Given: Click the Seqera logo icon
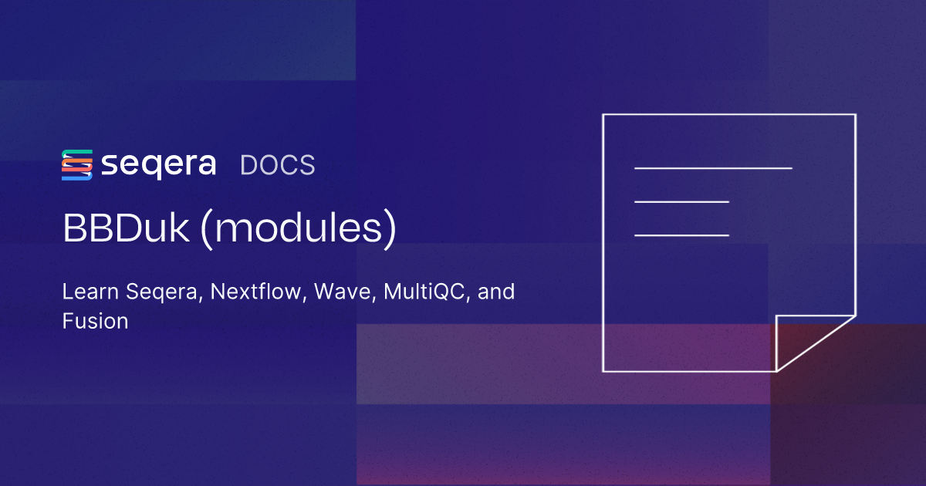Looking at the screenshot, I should tap(77, 165).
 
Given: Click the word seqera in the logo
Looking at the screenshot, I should tap(158, 165).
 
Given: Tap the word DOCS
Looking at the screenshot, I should tap(278, 165).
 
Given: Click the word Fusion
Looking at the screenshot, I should tap(95, 321).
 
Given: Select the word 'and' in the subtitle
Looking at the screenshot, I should tap(497, 293).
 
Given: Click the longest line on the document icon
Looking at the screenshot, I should tap(713, 167).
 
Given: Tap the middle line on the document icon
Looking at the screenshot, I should tap(681, 201).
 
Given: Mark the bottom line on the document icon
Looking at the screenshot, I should tap(681, 235).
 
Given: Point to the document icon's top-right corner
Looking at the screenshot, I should tap(854, 115).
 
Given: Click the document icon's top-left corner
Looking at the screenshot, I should tap(603, 115).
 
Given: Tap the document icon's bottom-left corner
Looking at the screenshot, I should tap(603, 370).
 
